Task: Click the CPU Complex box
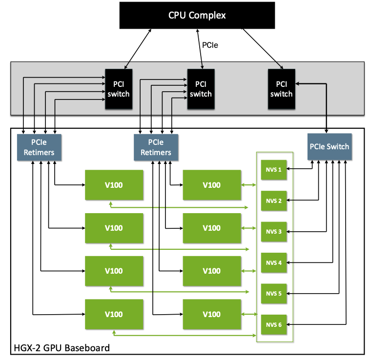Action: tap(197, 15)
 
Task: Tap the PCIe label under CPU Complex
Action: tap(210, 45)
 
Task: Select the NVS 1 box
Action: tap(273, 169)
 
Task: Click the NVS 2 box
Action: tap(273, 200)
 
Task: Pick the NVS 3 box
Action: tap(273, 231)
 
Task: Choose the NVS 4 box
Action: tap(273, 262)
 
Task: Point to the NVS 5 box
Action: tap(273, 293)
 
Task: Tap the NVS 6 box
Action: tap(273, 324)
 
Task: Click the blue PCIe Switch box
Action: tap(330, 146)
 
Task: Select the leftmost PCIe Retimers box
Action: tap(39, 147)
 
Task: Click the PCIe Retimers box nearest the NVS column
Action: tap(155, 147)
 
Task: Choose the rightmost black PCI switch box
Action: tap(281, 89)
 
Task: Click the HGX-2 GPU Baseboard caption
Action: tap(61, 348)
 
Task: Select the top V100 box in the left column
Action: tap(114, 185)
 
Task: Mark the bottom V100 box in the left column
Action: tap(114, 314)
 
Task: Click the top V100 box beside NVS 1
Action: tap(211, 185)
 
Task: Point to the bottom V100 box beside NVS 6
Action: tap(211, 314)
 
